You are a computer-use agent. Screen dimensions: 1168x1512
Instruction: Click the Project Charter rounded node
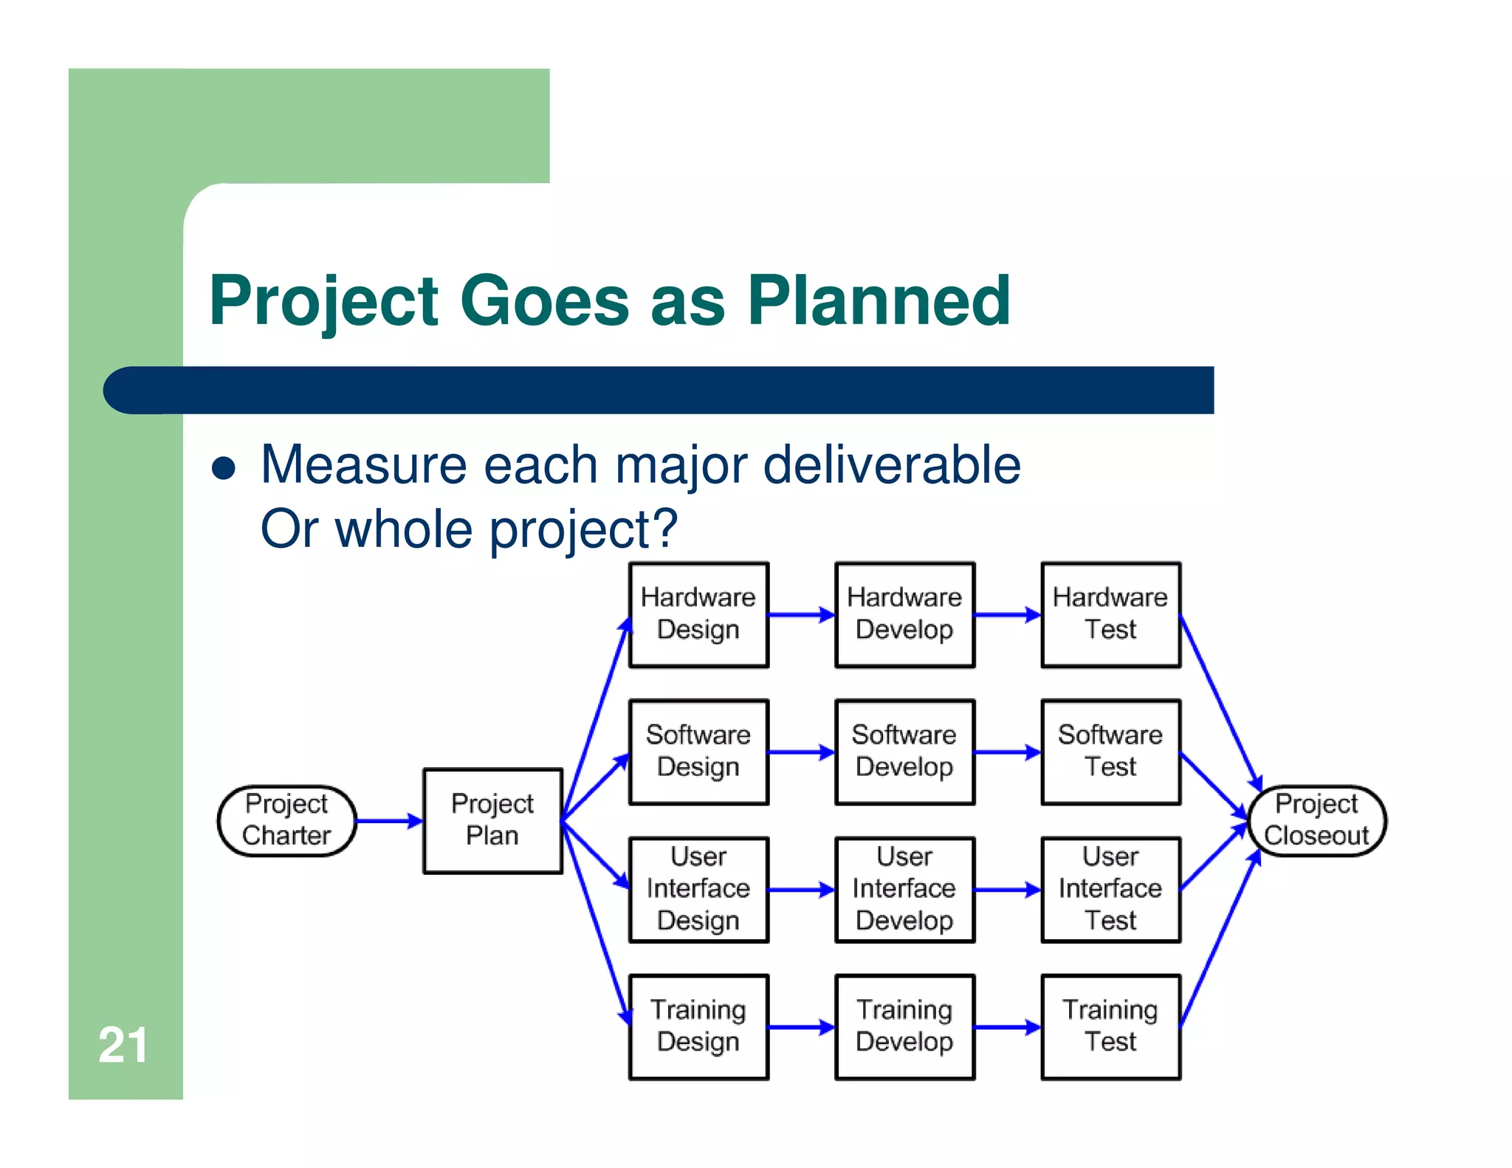click(286, 820)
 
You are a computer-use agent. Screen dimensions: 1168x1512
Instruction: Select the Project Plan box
click(492, 820)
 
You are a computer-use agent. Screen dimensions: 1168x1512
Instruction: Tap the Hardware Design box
click(698, 614)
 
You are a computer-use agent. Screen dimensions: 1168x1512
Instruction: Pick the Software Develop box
click(904, 752)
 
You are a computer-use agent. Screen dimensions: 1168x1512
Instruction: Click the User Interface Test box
click(1110, 889)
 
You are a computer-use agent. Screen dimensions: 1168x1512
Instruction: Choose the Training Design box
click(698, 1026)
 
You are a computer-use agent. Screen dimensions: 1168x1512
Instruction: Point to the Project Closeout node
click(1316, 820)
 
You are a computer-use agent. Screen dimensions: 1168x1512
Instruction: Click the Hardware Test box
click(1110, 614)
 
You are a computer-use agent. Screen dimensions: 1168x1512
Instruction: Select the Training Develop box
click(904, 1026)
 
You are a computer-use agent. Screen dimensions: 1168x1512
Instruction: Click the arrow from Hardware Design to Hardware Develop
click(801, 614)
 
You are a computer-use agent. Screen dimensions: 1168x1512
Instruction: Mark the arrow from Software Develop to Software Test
click(1007, 752)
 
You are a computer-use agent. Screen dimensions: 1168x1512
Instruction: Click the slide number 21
click(123, 1045)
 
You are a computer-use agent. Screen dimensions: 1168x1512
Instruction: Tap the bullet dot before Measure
click(224, 468)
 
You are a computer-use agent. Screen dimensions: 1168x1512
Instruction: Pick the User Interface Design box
click(698, 889)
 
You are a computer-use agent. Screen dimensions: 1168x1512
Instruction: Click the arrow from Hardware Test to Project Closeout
click(1220, 701)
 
